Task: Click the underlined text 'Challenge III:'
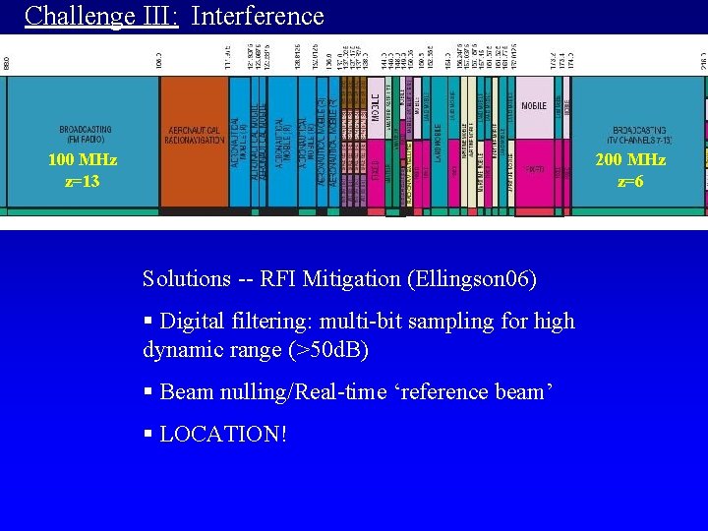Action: pyautogui.click(x=101, y=16)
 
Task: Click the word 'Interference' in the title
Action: pyautogui.click(x=258, y=16)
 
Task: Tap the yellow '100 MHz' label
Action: pyautogui.click(x=83, y=160)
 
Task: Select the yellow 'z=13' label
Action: pyautogui.click(x=83, y=181)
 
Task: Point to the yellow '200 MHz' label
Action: pyautogui.click(x=630, y=160)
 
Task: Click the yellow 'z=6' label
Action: pyautogui.click(x=630, y=181)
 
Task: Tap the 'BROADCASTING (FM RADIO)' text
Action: pyautogui.click(x=86, y=134)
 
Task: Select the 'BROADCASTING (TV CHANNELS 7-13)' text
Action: pyautogui.click(x=639, y=135)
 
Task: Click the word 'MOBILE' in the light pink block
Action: pyautogui.click(x=534, y=105)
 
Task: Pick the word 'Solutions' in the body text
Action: pyautogui.click(x=186, y=279)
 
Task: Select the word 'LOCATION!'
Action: pyautogui.click(x=223, y=434)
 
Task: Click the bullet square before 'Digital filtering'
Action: pyautogui.click(x=147, y=322)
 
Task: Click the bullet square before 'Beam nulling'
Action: pyautogui.click(x=147, y=392)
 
